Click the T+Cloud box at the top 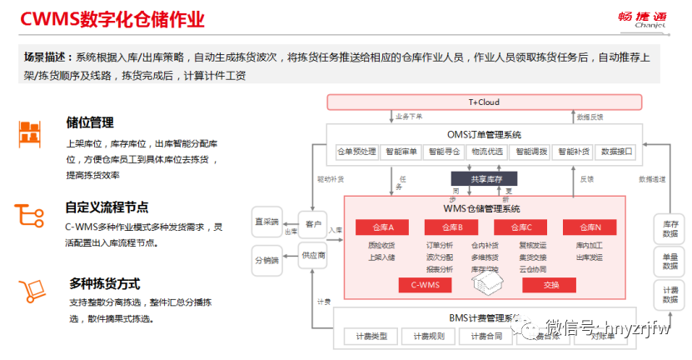[484, 102]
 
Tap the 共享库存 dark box [483, 177]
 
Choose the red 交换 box [550, 285]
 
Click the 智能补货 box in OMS [574, 152]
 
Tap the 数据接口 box [617, 152]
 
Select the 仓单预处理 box [356, 152]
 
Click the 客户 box [312, 224]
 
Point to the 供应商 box [312, 255]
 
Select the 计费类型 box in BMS [371, 337]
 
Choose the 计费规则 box [429, 337]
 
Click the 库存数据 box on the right [670, 229]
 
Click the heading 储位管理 [90, 122]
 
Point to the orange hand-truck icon [32, 289]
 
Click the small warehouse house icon [485, 284]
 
